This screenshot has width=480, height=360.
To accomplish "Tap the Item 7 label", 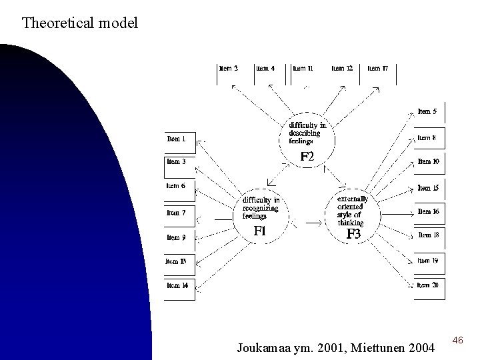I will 177,213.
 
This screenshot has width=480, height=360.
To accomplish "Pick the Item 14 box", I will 177,285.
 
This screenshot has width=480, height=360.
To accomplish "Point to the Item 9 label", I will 176,237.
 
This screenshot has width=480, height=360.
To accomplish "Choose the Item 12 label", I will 342,68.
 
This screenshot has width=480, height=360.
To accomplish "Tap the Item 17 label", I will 378,68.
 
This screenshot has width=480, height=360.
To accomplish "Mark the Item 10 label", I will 428,162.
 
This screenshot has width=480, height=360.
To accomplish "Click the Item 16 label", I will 428,212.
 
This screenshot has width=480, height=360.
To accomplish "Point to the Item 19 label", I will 428,261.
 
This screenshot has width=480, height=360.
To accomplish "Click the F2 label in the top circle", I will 307,157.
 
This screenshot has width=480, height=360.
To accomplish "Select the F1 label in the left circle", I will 260,231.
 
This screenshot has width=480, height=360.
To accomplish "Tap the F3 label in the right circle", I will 353,234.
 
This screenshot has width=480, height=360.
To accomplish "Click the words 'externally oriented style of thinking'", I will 353,211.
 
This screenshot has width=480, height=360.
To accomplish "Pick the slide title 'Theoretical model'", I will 80,24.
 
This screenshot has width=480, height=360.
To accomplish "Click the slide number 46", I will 457,341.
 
